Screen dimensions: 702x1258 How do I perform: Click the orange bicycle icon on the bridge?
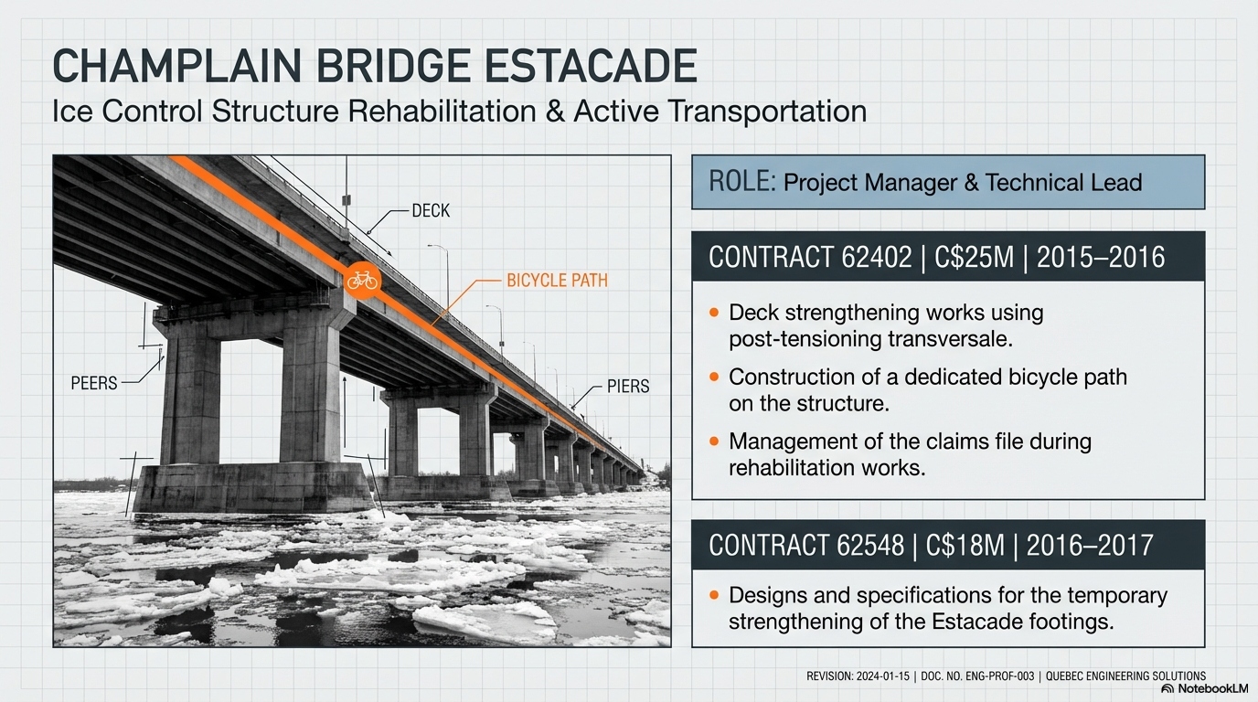pyautogui.click(x=362, y=281)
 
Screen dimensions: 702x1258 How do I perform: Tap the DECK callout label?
pyautogui.click(x=431, y=211)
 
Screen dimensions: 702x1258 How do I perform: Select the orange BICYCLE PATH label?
pyautogui.click(x=557, y=281)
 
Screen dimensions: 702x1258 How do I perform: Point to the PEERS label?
pyautogui.click(x=94, y=383)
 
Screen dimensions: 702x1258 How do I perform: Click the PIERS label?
pyautogui.click(x=628, y=386)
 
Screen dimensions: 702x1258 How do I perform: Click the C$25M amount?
pyautogui.click(x=976, y=257)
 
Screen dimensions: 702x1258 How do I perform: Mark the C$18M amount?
pyautogui.click(x=971, y=546)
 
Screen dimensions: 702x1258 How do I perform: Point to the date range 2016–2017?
pyautogui.click(x=1090, y=546)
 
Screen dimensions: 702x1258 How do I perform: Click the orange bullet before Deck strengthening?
pyautogui.click(x=715, y=314)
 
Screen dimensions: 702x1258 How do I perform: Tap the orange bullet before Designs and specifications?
pyautogui.click(x=715, y=596)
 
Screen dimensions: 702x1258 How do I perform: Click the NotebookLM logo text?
pyautogui.click(x=1191, y=688)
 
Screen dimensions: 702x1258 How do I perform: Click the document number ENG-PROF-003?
pyautogui.click(x=1001, y=676)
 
